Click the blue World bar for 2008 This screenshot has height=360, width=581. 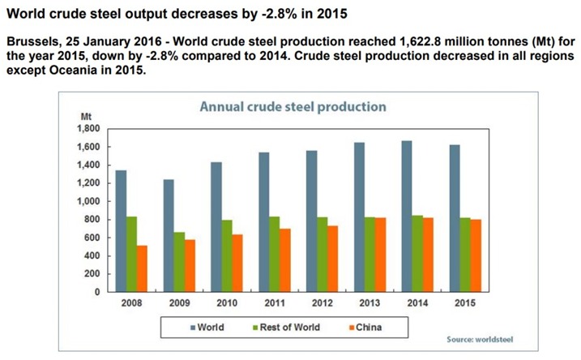(121, 231)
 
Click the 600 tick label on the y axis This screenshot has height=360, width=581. (91, 238)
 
